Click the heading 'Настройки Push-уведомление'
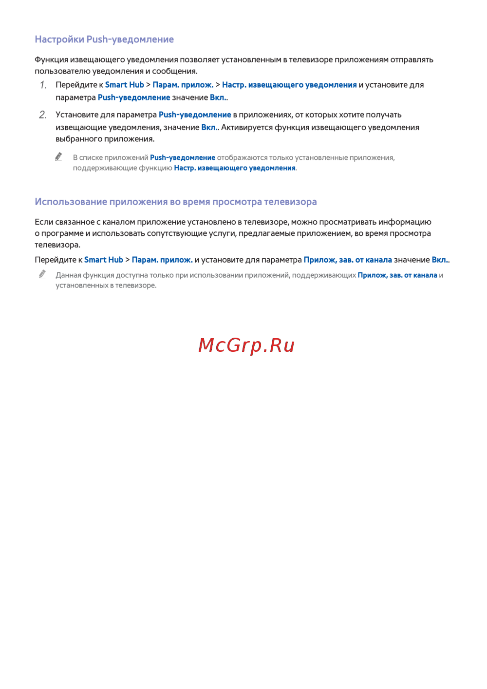coord(104,39)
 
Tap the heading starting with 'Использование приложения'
coord(176,202)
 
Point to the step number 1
coord(43,85)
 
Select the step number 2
coord(43,115)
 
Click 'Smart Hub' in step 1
coord(125,85)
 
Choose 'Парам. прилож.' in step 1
coord(183,85)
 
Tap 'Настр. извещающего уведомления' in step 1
coord(289,85)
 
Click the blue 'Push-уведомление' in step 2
coord(195,115)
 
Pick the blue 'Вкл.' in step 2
coord(209,127)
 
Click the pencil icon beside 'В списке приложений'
coord(59,157)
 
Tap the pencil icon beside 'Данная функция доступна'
coord(42,274)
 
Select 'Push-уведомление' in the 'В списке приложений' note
coord(183,158)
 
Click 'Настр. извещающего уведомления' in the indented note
coord(235,168)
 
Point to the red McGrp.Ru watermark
coord(246,345)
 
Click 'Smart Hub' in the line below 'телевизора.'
coord(104,260)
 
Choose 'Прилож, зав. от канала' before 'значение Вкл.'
coord(348,260)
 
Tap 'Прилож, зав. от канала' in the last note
coord(397,275)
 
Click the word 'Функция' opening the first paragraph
coord(51,60)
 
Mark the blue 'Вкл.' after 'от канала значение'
coord(440,260)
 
